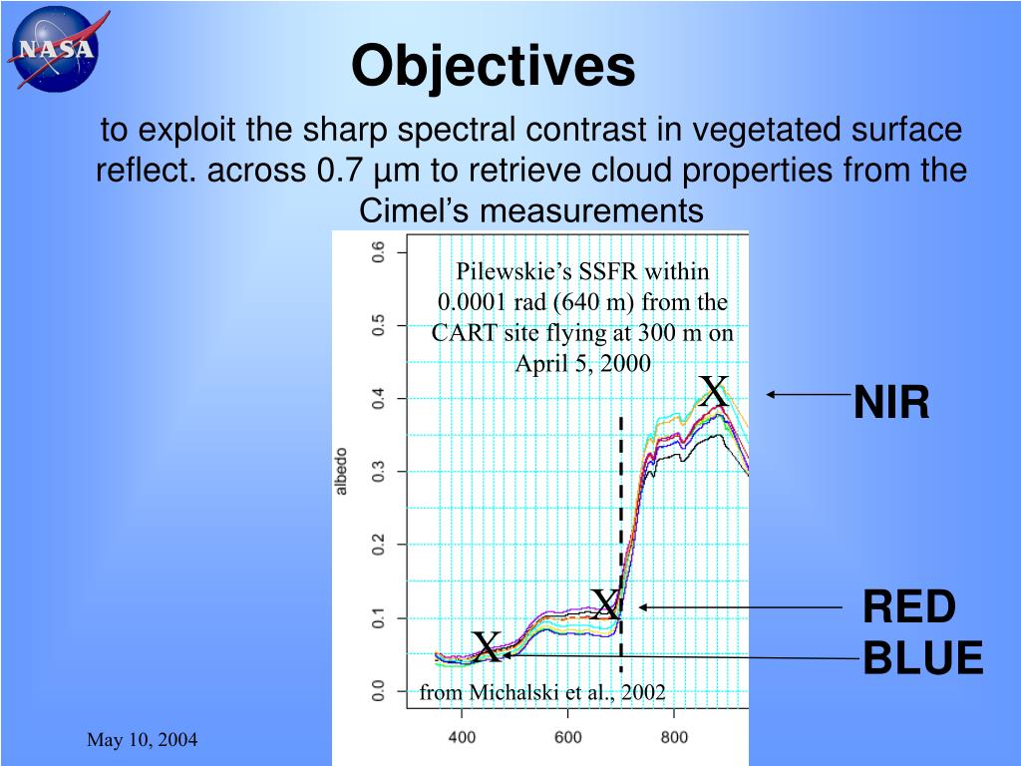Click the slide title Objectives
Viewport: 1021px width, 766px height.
[x=493, y=67]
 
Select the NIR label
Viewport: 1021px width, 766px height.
[x=891, y=403]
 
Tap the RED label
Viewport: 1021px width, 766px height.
[x=908, y=606]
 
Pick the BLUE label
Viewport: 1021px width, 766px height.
[x=922, y=658]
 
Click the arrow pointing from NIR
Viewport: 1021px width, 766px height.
[x=808, y=395]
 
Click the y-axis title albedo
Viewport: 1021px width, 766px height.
[x=342, y=471]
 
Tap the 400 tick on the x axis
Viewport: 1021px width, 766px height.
[x=462, y=738]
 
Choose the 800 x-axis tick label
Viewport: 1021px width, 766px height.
[x=674, y=738]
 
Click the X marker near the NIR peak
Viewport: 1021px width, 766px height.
[x=714, y=392]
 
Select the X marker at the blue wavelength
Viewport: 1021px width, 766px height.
[x=486, y=647]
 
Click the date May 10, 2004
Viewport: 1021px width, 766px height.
[x=142, y=739]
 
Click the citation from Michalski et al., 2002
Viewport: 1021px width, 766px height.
[x=541, y=692]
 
